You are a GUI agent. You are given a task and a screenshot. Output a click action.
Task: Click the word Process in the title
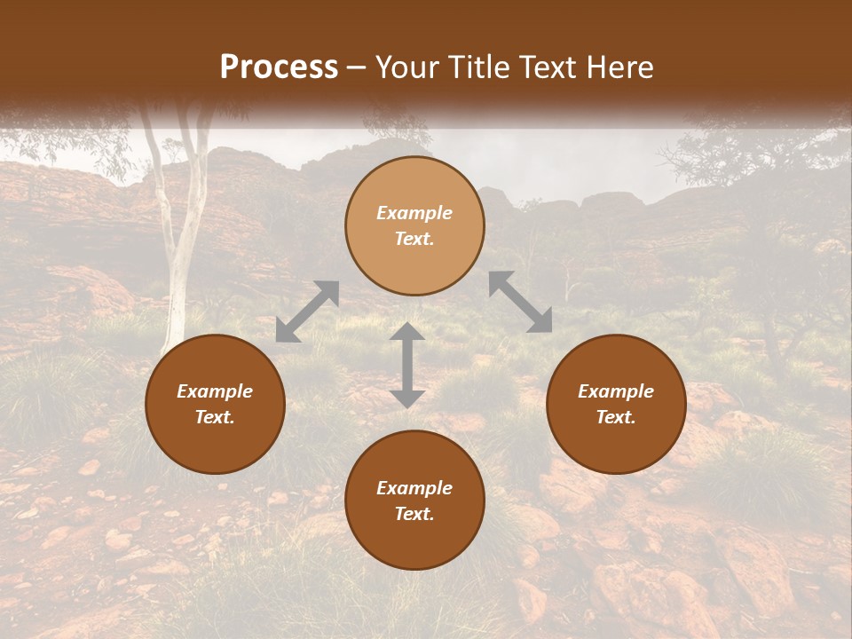pos(279,67)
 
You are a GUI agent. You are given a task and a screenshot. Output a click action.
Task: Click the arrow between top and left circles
pos(307,312)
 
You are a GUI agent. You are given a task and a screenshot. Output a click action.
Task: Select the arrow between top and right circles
pos(520,302)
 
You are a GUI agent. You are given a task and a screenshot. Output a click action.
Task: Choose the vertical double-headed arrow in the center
pos(407,365)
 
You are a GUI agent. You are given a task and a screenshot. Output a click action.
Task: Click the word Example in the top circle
pos(414,213)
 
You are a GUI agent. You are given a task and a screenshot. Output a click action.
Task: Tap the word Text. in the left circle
pos(215,417)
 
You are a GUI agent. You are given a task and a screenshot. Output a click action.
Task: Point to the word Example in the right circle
pos(616,391)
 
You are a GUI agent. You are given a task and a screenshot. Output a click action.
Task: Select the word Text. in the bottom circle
pos(414,514)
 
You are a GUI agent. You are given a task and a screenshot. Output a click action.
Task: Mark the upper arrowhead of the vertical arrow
pos(407,332)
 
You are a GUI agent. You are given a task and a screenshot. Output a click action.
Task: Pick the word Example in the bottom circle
pos(414,488)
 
